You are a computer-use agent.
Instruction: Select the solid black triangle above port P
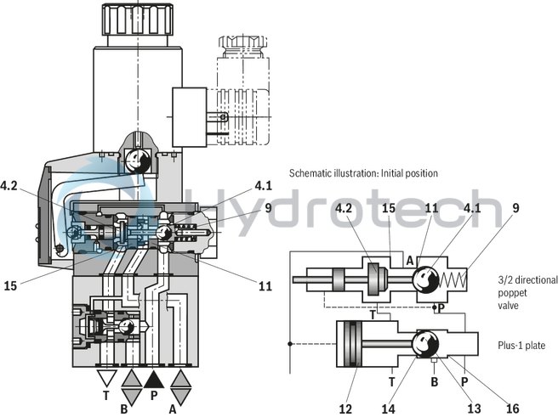(154, 379)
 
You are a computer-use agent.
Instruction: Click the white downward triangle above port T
(106, 379)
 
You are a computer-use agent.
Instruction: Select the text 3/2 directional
(527, 279)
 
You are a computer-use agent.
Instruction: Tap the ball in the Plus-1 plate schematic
(425, 345)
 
